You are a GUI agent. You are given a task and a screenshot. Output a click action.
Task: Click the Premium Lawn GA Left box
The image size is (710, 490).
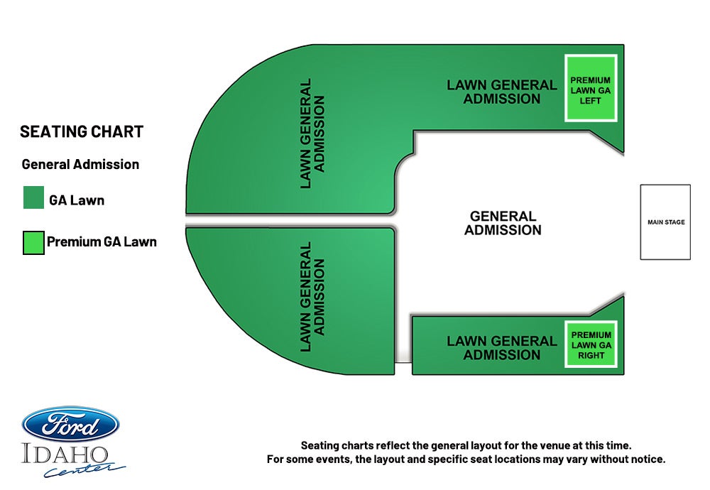pyautogui.click(x=591, y=88)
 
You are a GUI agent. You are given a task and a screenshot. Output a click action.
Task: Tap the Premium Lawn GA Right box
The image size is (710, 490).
pyautogui.click(x=591, y=344)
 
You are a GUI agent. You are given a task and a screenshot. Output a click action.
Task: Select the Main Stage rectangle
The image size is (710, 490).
pyautogui.click(x=665, y=222)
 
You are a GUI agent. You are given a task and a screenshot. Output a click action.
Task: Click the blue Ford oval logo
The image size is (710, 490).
pyautogui.click(x=70, y=424)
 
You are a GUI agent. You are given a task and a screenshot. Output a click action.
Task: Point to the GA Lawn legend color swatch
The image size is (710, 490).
pyautogui.click(x=33, y=197)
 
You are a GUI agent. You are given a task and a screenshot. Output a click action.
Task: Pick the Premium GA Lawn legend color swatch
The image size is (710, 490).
pyautogui.click(x=33, y=242)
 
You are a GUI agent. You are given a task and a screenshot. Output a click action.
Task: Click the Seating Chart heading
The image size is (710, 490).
pyautogui.click(x=82, y=132)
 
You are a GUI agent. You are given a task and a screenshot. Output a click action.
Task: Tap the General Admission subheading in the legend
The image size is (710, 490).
pyautogui.click(x=80, y=164)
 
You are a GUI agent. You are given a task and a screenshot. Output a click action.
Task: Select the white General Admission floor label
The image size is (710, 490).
pyautogui.click(x=503, y=223)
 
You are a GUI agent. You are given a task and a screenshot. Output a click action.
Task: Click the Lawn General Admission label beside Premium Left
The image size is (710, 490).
pyautogui.click(x=502, y=92)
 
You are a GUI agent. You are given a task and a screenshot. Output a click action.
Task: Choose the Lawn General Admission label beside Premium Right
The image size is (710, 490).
pyautogui.click(x=502, y=348)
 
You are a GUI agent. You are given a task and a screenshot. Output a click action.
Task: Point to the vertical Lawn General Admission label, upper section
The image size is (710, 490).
pyautogui.click(x=312, y=134)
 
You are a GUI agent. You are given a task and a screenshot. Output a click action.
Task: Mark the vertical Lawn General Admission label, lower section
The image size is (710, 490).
pyautogui.click(x=312, y=297)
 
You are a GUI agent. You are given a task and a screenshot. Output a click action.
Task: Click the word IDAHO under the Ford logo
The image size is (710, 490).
pyautogui.click(x=65, y=454)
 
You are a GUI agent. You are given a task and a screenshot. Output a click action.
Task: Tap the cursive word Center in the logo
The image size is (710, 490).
pyautogui.click(x=84, y=469)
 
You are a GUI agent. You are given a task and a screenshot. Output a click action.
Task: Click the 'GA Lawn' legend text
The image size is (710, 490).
pyautogui.click(x=77, y=200)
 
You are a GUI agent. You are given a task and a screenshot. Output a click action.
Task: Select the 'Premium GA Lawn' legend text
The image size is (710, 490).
pyautogui.click(x=102, y=242)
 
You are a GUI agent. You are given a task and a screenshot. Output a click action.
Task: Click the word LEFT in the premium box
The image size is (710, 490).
pyautogui.click(x=591, y=101)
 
